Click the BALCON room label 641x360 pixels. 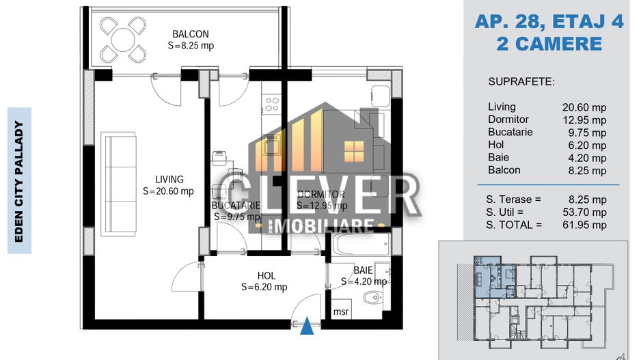point(190,33)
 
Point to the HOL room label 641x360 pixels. point(267,276)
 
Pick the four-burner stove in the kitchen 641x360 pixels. point(272,105)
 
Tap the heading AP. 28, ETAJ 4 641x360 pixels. point(549,22)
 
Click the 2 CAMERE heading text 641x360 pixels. point(549,44)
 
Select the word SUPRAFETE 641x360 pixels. point(521,82)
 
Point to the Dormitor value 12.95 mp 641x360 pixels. point(584,120)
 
